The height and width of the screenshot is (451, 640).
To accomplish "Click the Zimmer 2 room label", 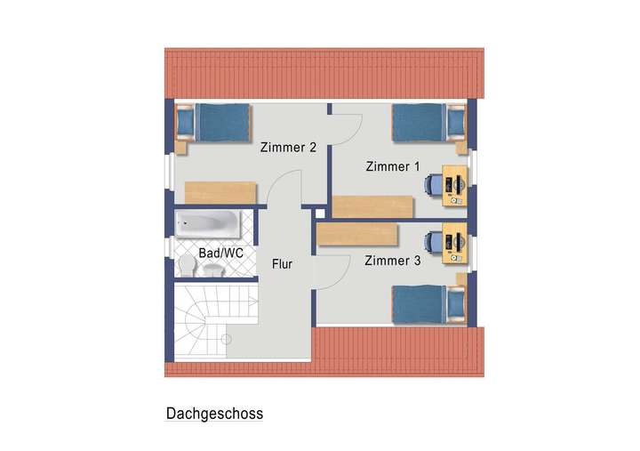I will [x=288, y=148].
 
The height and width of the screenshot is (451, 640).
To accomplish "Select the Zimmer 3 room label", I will [x=393, y=261].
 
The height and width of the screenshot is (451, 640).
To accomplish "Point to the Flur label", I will [x=283, y=264].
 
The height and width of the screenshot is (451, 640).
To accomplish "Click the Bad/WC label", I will [x=221, y=254].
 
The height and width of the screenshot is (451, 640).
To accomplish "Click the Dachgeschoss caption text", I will [x=214, y=414].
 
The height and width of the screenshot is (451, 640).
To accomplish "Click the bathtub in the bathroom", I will [x=208, y=224].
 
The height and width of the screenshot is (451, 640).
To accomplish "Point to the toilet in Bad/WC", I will [x=188, y=268].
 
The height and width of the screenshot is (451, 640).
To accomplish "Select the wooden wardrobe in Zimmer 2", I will [x=220, y=193].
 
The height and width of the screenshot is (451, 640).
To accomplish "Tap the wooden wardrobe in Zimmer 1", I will [x=372, y=205].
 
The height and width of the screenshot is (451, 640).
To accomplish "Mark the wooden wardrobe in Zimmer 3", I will [x=356, y=234].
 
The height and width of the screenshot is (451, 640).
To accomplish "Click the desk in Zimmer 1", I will [x=456, y=185].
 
